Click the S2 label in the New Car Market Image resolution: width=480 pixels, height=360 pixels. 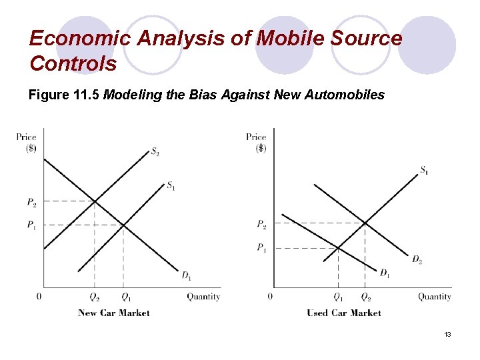[155, 152]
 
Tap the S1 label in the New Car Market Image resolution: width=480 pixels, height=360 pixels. [171, 185]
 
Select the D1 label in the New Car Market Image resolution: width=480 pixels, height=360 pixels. [187, 275]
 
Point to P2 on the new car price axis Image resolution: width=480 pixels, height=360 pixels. [32, 202]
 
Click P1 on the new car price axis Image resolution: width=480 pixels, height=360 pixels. [31, 225]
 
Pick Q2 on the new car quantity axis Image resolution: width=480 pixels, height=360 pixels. [94, 297]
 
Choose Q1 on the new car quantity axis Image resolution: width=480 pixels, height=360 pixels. [125, 297]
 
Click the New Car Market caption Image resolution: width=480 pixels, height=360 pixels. [114, 313]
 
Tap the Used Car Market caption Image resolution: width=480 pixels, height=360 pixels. [344, 313]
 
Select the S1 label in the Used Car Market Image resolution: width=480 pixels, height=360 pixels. [425, 171]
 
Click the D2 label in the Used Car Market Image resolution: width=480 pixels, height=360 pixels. [417, 259]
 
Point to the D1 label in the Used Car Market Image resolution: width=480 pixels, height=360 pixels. [385, 273]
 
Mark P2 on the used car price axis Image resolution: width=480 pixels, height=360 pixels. [263, 224]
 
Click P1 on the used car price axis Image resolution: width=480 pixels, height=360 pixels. [262, 248]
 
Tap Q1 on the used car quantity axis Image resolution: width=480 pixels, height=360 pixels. [338, 297]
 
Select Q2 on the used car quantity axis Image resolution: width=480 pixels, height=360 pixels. [366, 297]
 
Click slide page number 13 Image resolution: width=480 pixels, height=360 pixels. [447, 334]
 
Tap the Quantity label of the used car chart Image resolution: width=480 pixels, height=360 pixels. [435, 297]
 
